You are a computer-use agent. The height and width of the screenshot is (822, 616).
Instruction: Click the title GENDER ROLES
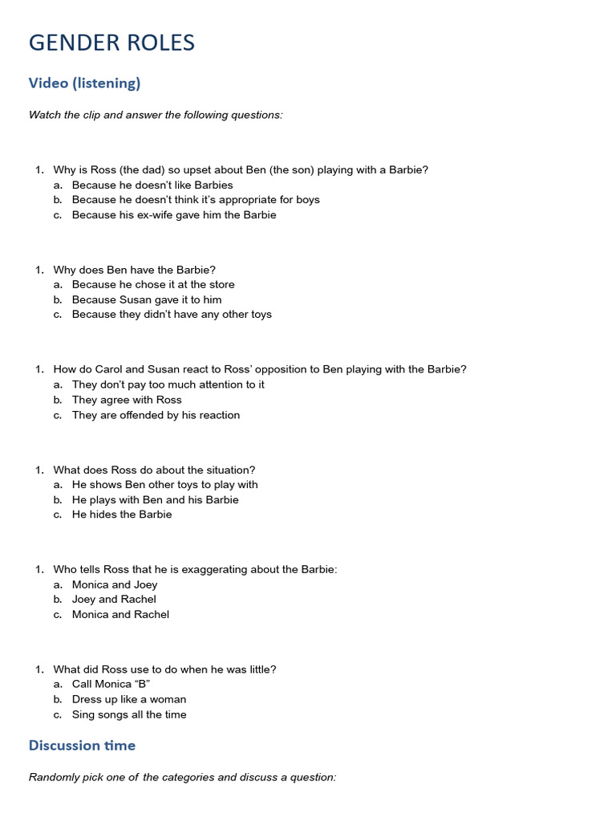pyautogui.click(x=111, y=43)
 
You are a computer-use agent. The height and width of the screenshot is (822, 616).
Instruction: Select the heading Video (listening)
pyautogui.click(x=84, y=83)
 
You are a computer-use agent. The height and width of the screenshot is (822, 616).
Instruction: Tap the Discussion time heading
pyautogui.click(x=82, y=745)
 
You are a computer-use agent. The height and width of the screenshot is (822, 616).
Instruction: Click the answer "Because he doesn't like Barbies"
pyautogui.click(x=152, y=185)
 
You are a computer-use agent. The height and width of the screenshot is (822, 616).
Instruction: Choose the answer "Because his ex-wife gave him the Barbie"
pyautogui.click(x=174, y=214)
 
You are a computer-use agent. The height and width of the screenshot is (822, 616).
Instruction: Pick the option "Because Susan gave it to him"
pyautogui.click(x=147, y=299)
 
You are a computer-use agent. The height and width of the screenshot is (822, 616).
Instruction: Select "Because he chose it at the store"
pyautogui.click(x=153, y=284)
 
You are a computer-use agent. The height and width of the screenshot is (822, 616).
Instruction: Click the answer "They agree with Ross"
pyautogui.click(x=127, y=400)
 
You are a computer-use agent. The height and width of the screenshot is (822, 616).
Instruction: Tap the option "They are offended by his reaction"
pyautogui.click(x=156, y=415)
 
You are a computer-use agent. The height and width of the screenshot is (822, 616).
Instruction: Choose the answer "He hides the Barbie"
pyautogui.click(x=122, y=515)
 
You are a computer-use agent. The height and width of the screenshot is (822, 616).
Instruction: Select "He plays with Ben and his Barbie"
pyautogui.click(x=156, y=499)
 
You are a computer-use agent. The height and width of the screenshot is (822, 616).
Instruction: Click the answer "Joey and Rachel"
pyautogui.click(x=114, y=599)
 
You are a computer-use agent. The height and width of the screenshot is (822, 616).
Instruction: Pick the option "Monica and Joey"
pyautogui.click(x=115, y=584)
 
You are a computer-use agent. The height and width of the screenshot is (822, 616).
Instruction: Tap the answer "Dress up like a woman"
pyautogui.click(x=129, y=699)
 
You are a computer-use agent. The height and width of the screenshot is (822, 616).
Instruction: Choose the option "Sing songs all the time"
pyautogui.click(x=129, y=714)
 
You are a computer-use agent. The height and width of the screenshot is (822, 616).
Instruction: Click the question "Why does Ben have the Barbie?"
pyautogui.click(x=135, y=270)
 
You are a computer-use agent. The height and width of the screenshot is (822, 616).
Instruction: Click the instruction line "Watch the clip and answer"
pyautogui.click(x=156, y=115)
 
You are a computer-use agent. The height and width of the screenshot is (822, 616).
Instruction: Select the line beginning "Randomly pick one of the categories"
pyautogui.click(x=182, y=777)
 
